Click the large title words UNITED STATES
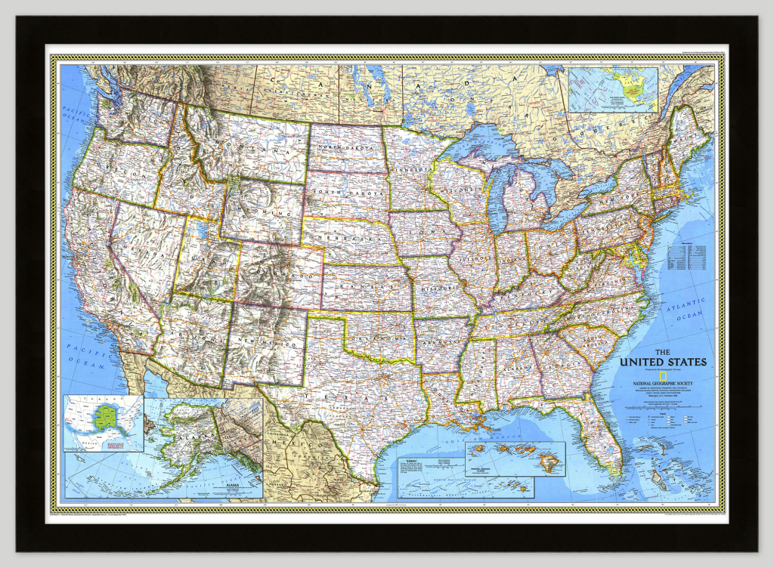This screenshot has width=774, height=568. (663, 362)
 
